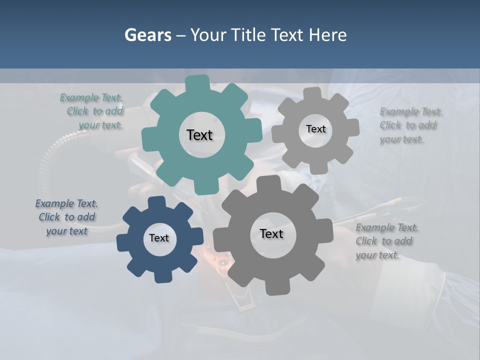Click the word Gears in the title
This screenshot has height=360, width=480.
coord(147,35)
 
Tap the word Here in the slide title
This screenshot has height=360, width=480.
coord(327,35)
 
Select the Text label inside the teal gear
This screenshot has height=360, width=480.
coord(199,135)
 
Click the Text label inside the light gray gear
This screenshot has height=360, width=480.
coord(315,129)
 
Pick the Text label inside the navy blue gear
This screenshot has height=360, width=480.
coord(159,238)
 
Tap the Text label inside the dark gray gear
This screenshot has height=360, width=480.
coord(271,233)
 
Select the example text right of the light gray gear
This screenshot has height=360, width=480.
coord(410,125)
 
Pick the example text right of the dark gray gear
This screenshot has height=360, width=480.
coord(386,241)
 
